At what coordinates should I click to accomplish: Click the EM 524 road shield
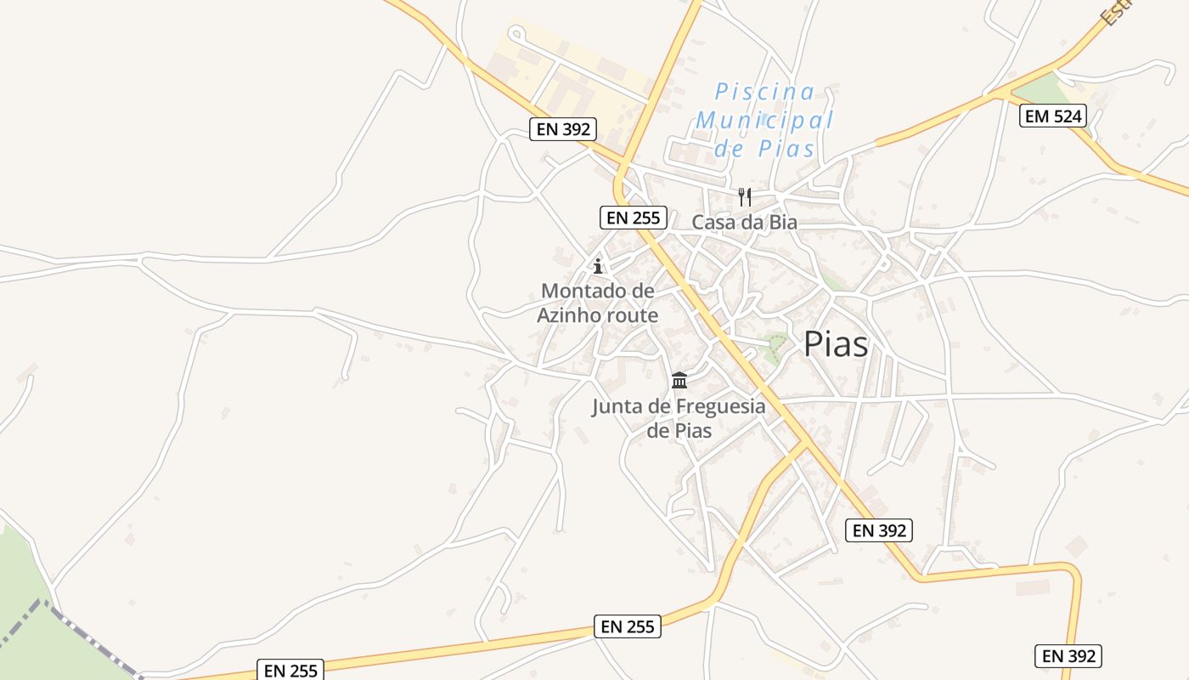[x=1053, y=116]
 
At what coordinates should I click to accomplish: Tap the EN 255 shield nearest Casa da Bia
[x=633, y=218]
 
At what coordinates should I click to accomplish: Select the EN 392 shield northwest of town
[x=563, y=130]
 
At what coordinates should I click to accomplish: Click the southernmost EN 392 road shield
[x=1068, y=656]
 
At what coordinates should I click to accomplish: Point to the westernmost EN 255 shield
[x=290, y=670]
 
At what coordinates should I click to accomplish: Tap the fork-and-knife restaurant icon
[x=745, y=197]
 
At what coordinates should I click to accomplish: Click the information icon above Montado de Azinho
[x=598, y=266]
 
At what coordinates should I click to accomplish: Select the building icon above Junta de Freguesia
[x=679, y=380]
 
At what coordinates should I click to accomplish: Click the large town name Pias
[x=836, y=344]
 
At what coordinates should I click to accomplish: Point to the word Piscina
[x=764, y=91]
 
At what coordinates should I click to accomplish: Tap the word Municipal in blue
[x=764, y=120]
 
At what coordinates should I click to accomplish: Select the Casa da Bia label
[x=744, y=223]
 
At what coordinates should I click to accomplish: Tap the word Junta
[x=616, y=406]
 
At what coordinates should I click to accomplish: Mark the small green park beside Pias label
[x=774, y=347]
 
